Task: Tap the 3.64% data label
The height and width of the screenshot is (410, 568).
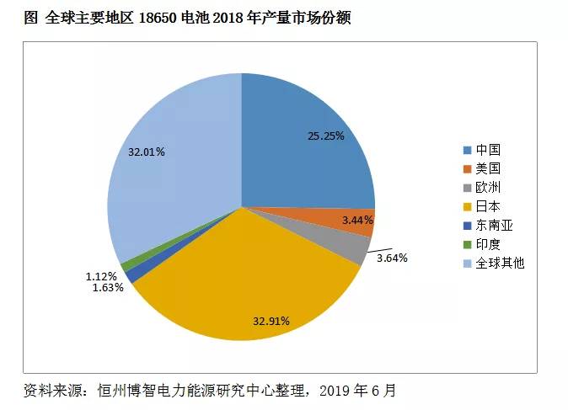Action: (x=391, y=258)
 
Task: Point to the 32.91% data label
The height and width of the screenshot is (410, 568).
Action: (x=271, y=321)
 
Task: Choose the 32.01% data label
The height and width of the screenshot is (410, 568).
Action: (x=146, y=152)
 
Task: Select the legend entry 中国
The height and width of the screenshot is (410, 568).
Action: (x=488, y=150)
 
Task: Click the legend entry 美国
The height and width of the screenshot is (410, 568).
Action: (x=488, y=168)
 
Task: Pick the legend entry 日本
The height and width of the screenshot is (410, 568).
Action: (x=488, y=206)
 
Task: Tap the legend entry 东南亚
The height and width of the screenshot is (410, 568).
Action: (x=494, y=226)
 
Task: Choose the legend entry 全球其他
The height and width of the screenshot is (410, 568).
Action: (x=499, y=264)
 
